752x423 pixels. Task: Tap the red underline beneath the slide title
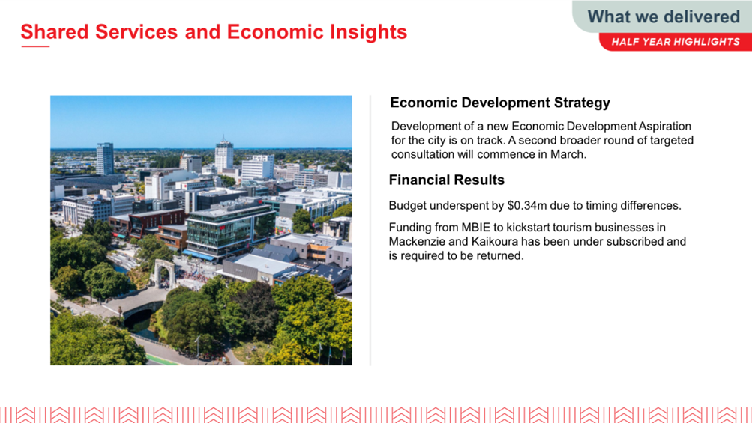35,46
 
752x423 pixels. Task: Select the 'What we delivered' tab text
664,16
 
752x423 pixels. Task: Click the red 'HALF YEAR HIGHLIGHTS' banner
676,42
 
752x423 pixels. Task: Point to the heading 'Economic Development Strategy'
500,103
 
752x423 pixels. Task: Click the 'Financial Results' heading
447,180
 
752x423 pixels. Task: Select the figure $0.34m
526,206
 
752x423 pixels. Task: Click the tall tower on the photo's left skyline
105,159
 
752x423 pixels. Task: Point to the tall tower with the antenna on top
224,154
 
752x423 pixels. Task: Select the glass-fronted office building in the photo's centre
230,230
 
